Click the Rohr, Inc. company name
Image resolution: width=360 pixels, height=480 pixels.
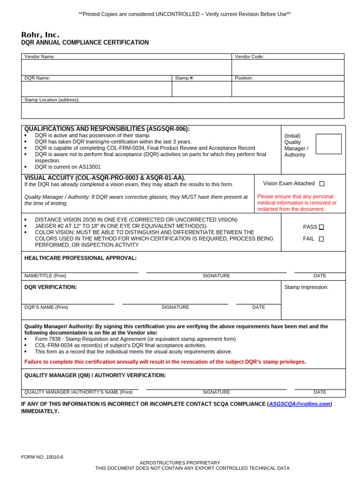point(40,35)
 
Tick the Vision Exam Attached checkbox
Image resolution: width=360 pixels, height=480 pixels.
point(322,184)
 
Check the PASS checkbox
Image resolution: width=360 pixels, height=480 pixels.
point(321,227)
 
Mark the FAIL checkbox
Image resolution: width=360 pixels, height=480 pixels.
point(321,239)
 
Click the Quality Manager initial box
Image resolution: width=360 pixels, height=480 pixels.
point(329,144)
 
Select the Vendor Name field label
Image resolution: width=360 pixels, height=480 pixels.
point(39,57)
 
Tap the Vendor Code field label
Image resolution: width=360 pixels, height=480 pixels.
point(249,57)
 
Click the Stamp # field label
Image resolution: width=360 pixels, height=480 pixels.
point(184,78)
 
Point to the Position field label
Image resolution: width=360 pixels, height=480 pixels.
point(244,78)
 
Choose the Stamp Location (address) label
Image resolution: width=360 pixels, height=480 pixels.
point(52,100)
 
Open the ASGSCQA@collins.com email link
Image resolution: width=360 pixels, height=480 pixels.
point(300,404)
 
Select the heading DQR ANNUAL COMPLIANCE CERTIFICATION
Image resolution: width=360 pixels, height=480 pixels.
point(85,43)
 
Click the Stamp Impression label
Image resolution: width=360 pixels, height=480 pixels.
point(306,287)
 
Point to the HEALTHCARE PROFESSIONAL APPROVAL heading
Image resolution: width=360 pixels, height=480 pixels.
point(81,258)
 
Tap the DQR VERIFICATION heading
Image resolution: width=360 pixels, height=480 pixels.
point(51,287)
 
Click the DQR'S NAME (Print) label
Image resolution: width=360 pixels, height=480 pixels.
point(46,307)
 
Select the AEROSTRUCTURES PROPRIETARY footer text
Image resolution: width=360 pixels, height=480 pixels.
point(180,463)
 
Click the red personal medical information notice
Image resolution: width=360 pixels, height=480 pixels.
point(297,203)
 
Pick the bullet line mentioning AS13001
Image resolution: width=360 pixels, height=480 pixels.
point(67,167)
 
